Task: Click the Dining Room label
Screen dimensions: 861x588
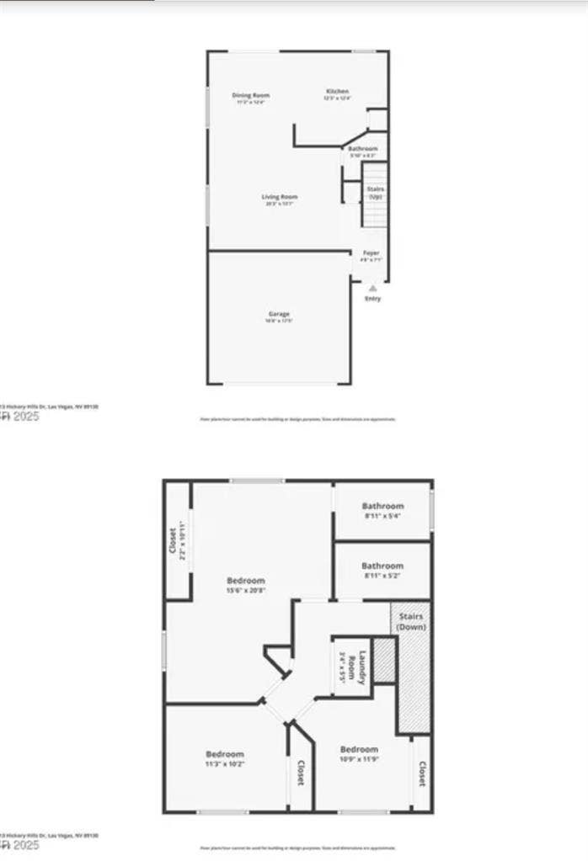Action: [250, 95]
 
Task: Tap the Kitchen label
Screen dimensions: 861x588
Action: [337, 91]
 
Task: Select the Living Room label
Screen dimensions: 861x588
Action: [279, 197]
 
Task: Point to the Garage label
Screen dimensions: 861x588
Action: [279, 313]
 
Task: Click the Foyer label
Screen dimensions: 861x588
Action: [371, 252]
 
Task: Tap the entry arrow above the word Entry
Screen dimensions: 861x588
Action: [372, 288]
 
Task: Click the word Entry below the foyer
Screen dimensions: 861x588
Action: [372, 299]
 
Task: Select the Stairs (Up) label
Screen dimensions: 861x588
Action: [375, 189]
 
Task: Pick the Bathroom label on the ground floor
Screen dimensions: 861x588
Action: [363, 148]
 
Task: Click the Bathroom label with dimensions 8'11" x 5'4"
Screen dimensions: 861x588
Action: [382, 506]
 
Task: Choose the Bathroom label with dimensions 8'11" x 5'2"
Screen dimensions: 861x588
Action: [382, 566]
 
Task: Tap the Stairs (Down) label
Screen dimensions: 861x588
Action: [413, 623]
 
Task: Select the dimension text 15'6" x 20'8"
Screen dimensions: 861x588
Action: [246, 591]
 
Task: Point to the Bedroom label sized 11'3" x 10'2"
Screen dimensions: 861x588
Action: [225, 753]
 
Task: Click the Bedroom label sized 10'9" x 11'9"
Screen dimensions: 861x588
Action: [359, 749]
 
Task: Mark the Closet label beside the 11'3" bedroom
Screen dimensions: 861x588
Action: [301, 773]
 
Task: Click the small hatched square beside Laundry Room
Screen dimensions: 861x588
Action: [384, 662]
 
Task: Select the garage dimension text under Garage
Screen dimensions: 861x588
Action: [279, 321]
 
